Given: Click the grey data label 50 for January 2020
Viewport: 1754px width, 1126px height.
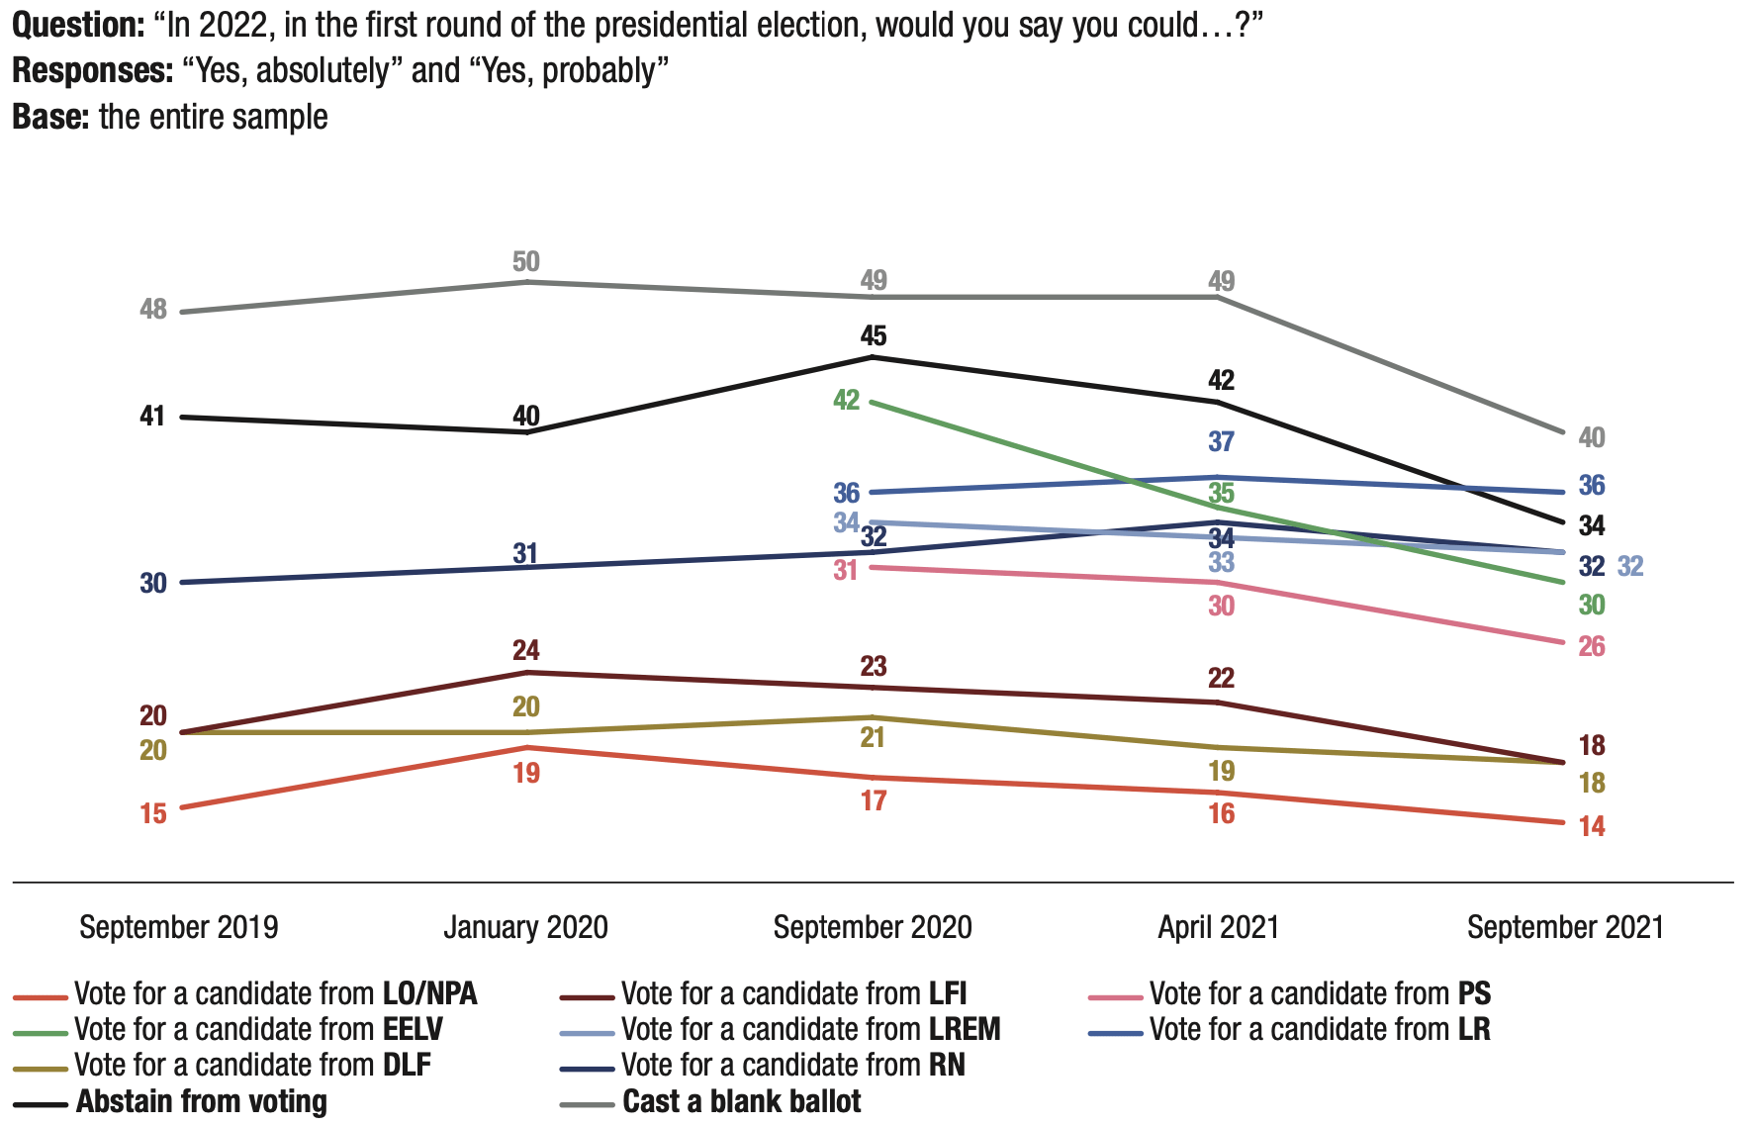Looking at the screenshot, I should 525,262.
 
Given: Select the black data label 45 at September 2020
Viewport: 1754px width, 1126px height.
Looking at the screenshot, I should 873,336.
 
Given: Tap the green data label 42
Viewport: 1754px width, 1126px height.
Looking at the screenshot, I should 847,401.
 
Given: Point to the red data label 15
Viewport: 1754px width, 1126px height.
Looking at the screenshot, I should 153,814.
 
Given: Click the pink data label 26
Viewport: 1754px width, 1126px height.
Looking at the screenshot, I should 1591,647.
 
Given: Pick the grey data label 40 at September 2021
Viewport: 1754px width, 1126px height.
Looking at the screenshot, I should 1591,437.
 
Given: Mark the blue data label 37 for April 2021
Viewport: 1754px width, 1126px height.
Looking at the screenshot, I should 1222,442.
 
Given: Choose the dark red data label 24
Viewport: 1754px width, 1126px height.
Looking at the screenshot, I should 525,651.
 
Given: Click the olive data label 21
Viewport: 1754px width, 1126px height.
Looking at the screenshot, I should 873,738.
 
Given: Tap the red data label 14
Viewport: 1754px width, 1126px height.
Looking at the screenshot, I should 1591,827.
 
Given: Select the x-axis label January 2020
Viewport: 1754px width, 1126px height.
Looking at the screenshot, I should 525,928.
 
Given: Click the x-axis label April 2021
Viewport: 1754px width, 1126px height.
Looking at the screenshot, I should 1218,928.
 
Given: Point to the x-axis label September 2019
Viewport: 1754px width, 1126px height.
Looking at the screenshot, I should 178,928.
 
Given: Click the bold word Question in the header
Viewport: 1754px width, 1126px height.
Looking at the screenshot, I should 78,26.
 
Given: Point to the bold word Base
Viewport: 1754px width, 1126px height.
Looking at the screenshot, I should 50,118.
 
